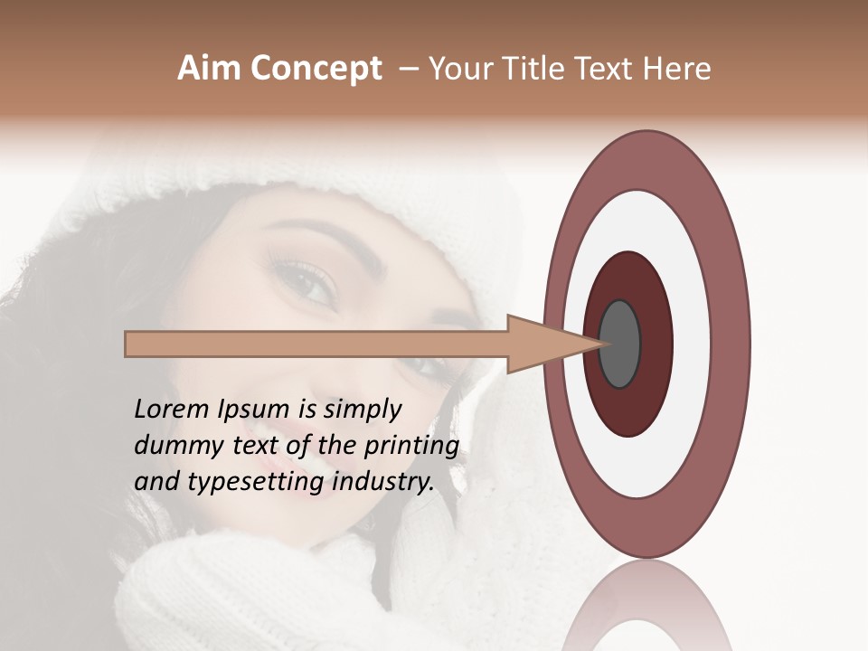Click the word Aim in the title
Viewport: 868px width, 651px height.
210,69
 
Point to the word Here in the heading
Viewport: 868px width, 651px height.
677,69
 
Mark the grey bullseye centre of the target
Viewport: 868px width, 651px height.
620,344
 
